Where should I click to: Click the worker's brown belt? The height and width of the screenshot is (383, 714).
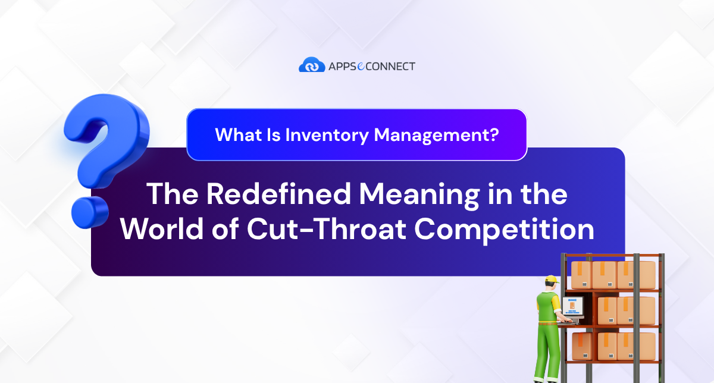(x=546, y=325)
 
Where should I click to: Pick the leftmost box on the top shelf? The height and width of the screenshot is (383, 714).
(x=581, y=274)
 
